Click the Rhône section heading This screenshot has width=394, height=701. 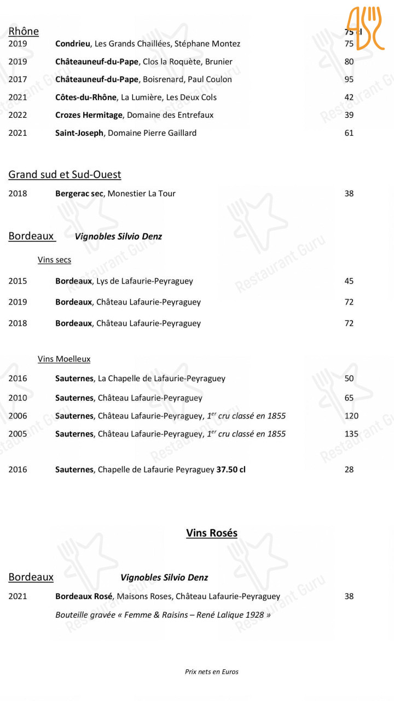pos(24,31)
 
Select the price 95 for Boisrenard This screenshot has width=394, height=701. pos(349,79)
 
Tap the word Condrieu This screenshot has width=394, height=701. pos(73,44)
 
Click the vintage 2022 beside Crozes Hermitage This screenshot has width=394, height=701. pos(18,115)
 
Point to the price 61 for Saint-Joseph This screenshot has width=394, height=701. pos(349,133)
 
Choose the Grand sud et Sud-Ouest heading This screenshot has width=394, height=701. pos(65,175)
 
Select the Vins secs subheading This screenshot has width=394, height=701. pos(54,260)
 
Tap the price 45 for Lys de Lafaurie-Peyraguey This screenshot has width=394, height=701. pos(349,281)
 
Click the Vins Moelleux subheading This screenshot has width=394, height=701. pos(64,359)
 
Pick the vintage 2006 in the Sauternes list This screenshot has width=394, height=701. pos(18,416)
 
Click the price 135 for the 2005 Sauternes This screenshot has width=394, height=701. pos(351,434)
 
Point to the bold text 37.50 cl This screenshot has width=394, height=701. pos(231,469)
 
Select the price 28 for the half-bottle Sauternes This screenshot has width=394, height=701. pos(349,469)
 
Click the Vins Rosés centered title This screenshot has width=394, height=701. pos(212,533)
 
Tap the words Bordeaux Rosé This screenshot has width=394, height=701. pos(84,596)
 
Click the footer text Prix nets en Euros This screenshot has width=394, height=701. pos(212,672)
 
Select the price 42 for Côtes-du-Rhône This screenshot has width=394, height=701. pos(349,97)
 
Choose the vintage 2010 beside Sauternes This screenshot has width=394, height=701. pos(18,398)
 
